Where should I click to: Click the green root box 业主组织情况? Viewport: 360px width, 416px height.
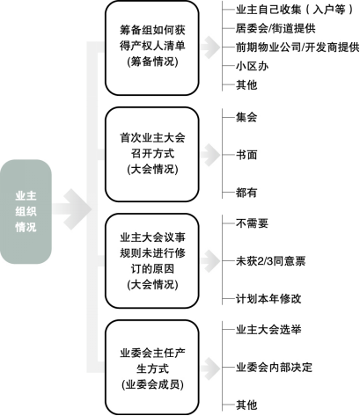click(x=26, y=211)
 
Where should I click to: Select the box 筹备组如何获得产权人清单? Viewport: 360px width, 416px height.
click(x=152, y=47)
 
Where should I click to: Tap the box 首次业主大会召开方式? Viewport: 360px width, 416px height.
click(x=152, y=154)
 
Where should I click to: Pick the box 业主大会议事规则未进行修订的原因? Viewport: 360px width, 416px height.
click(x=152, y=260)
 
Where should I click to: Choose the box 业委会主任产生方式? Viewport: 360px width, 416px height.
click(x=152, y=368)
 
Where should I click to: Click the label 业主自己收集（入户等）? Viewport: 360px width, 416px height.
click(x=294, y=10)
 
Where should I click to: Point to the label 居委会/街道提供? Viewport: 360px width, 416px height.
click(x=276, y=28)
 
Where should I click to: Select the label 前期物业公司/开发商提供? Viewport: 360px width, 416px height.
click(x=298, y=47)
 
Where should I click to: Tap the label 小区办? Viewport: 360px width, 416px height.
click(x=252, y=66)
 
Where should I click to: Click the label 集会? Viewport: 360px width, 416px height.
click(x=246, y=117)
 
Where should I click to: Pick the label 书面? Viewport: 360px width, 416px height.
click(x=246, y=155)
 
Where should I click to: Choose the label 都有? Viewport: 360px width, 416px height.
click(x=246, y=193)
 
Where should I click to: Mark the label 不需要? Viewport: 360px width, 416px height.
click(x=252, y=223)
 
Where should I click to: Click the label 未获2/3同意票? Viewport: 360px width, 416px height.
click(x=270, y=261)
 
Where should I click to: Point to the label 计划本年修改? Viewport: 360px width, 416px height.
click(x=268, y=299)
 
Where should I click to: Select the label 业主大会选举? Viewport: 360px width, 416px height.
click(x=268, y=330)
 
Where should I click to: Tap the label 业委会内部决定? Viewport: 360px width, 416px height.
click(x=274, y=368)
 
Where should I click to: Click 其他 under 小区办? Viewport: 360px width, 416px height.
click(x=246, y=85)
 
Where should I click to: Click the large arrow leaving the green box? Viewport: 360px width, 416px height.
click(x=72, y=209)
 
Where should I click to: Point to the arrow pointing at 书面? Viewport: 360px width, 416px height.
click(x=210, y=155)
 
